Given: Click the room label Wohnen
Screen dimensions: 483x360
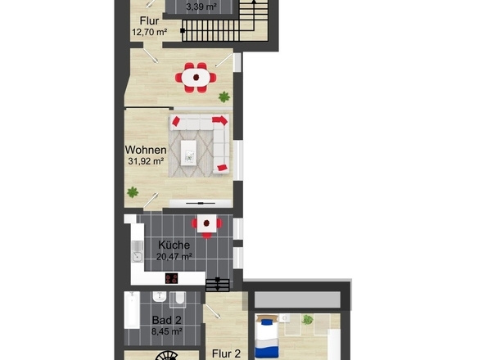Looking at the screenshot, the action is (x=146, y=150).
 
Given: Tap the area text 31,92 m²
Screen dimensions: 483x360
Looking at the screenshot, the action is (x=146, y=160).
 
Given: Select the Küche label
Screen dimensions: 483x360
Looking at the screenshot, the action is (x=174, y=245).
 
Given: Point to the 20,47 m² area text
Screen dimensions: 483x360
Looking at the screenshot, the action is (x=174, y=256).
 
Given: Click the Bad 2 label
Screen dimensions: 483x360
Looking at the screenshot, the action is (x=167, y=320).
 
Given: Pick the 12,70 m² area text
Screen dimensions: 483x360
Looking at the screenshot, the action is (x=150, y=32).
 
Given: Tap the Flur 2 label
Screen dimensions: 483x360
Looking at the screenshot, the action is (x=227, y=353).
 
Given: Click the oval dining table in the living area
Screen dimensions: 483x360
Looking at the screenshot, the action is (x=196, y=77).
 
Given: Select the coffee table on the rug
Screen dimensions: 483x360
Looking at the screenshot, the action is (x=188, y=153).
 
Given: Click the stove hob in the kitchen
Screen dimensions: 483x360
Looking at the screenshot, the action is (x=172, y=278).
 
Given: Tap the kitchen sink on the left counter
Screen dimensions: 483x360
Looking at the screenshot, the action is (x=138, y=252).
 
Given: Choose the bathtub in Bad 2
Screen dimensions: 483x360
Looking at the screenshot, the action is (x=132, y=310).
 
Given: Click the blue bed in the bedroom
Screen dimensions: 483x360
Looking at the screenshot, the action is (x=267, y=336).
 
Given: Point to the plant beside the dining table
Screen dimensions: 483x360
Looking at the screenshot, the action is (x=224, y=97).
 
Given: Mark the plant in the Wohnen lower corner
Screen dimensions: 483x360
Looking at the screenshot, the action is (x=133, y=192).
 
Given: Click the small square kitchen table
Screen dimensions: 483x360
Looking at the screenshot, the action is (x=206, y=223).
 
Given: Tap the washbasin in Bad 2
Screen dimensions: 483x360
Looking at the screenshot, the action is (x=160, y=297).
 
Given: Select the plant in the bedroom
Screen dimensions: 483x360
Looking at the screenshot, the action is (x=307, y=320).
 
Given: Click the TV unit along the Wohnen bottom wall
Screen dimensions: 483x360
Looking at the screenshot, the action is (x=201, y=203).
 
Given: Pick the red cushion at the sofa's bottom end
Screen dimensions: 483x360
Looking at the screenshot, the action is (x=222, y=168).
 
